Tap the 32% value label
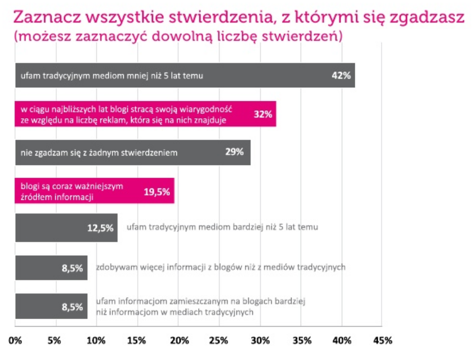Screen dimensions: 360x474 click(x=263, y=114)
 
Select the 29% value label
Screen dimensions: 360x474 click(x=234, y=152)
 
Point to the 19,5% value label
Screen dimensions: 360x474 click(x=156, y=191)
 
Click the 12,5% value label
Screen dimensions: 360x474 click(x=100, y=228)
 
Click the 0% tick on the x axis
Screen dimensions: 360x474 click(x=15, y=341)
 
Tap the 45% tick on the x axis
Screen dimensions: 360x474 click(x=382, y=341)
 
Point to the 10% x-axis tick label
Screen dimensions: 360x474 click(x=96, y=341)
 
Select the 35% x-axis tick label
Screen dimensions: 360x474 click(x=301, y=341)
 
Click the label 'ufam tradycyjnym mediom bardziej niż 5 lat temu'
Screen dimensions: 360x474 click(x=223, y=228)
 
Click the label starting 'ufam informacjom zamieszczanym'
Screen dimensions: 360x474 click(x=200, y=306)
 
